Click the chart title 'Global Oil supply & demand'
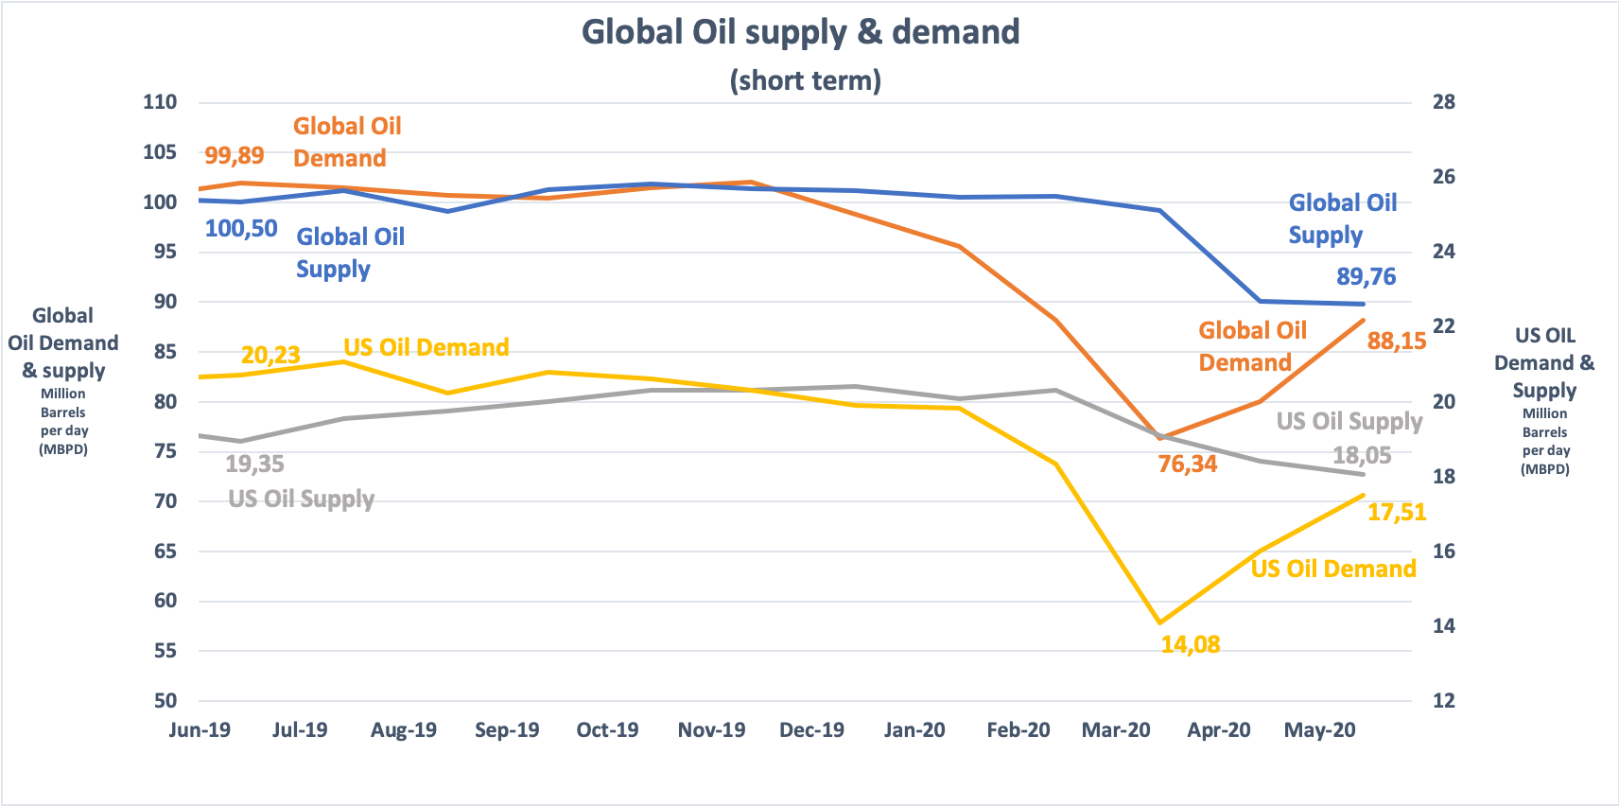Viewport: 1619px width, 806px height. click(x=800, y=32)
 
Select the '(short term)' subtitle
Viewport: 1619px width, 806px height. click(x=805, y=80)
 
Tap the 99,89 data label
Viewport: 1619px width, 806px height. click(x=235, y=155)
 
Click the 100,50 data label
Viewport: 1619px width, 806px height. click(x=241, y=228)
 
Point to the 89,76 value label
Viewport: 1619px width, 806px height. click(x=1366, y=276)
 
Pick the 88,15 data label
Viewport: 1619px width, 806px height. click(x=1396, y=341)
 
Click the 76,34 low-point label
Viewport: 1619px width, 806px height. click(x=1188, y=464)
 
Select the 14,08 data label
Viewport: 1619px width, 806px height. click(x=1190, y=644)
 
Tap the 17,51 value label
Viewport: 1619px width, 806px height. click(x=1396, y=512)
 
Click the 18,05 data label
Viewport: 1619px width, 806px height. click(x=1362, y=455)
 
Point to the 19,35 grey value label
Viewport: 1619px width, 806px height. click(x=254, y=464)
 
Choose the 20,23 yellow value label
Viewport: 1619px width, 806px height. click(x=270, y=355)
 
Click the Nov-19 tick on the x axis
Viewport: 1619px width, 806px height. click(x=711, y=730)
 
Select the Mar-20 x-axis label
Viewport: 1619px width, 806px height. click(x=1116, y=730)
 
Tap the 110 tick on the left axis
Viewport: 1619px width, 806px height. click(x=160, y=102)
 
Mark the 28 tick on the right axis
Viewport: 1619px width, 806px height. click(x=1443, y=102)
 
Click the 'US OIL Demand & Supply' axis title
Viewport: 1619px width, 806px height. click(x=1544, y=363)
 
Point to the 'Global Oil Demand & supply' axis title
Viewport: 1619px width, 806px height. click(x=63, y=342)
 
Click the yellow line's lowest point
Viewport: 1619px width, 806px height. click(x=1159, y=622)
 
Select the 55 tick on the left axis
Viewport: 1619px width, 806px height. click(x=165, y=651)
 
